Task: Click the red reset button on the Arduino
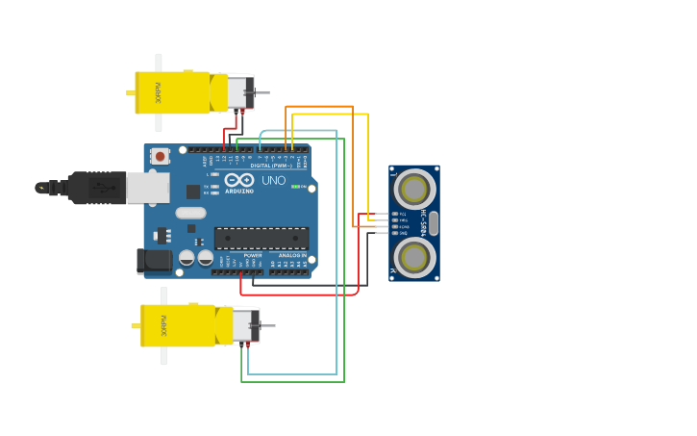[x=159, y=155]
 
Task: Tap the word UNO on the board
[x=273, y=180]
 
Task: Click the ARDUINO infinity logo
[x=238, y=180]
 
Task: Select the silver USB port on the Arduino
[x=147, y=188]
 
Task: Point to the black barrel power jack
[x=154, y=259]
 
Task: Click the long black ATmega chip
[x=261, y=238]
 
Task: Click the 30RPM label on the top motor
[x=160, y=93]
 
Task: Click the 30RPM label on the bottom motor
[x=164, y=325]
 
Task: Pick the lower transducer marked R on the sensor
[x=414, y=257]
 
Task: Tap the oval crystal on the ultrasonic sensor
[x=434, y=222]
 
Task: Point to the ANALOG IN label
[x=292, y=255]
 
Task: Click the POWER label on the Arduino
[x=253, y=255]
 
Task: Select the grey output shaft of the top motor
[x=261, y=93]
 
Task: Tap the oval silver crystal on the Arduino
[x=190, y=213]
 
